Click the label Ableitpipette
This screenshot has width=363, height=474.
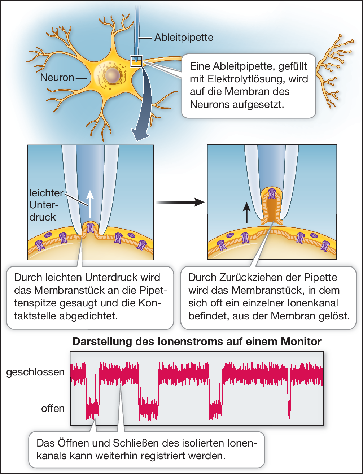tap(184, 37)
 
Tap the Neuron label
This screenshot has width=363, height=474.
tap(57, 77)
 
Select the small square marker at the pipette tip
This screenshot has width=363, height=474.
tap(137, 61)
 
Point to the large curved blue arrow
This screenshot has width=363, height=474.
tap(144, 108)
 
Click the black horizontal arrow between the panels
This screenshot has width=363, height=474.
tap(180, 202)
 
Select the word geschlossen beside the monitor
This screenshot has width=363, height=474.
tap(35, 372)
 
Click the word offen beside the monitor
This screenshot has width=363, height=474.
tap(53, 409)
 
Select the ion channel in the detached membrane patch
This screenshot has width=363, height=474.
tap(272, 193)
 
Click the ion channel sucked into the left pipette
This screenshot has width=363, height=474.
tap(91, 228)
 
